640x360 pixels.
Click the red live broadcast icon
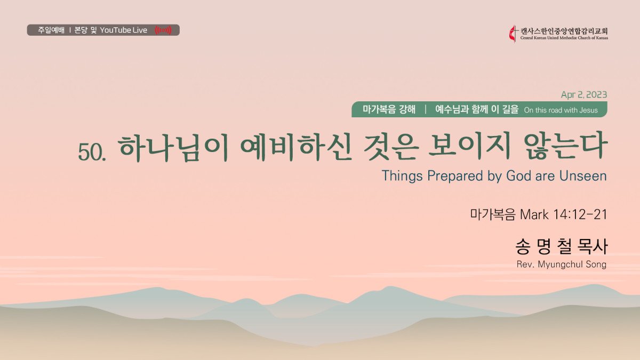(x=163, y=30)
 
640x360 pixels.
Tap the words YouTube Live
(x=123, y=30)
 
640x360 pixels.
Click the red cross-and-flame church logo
(x=514, y=34)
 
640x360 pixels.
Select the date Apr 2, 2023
(x=584, y=94)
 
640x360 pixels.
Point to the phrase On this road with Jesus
(x=561, y=110)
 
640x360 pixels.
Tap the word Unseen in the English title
(x=583, y=175)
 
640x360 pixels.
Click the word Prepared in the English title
(x=455, y=175)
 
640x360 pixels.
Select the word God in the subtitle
(x=518, y=175)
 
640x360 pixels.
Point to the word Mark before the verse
(x=534, y=214)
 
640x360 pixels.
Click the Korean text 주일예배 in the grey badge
(x=51, y=30)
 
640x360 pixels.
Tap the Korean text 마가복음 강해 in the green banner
(x=389, y=109)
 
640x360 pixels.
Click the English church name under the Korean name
(x=564, y=38)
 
